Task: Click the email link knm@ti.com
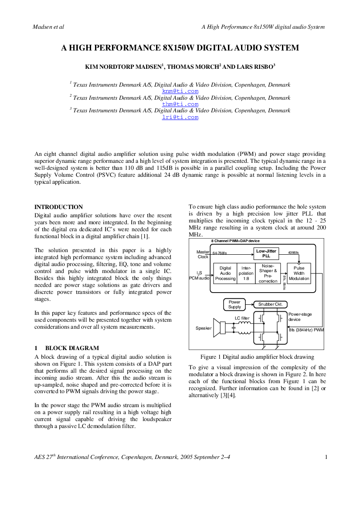pyautogui.click(x=180, y=91)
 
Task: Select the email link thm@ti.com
pyautogui.click(x=180, y=104)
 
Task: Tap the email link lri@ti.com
pyautogui.click(x=180, y=117)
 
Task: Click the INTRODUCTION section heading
pyautogui.click(x=59, y=207)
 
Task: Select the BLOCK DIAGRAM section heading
pyautogui.click(x=72, y=348)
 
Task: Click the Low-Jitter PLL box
pyautogui.click(x=266, y=253)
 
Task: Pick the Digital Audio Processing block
pyautogui.click(x=225, y=273)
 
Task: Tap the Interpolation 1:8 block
pyautogui.click(x=246, y=273)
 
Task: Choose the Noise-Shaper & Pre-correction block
pyautogui.click(x=268, y=273)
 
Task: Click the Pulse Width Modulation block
pyautogui.click(x=299, y=273)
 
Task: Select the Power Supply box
pyautogui.click(x=234, y=304)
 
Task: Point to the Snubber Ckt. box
pyautogui.click(x=270, y=304)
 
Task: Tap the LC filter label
pyautogui.click(x=242, y=318)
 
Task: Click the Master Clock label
pyautogui.click(x=203, y=254)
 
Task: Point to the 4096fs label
pyautogui.click(x=293, y=253)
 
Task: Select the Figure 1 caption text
pyautogui.click(x=257, y=357)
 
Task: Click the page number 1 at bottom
pyautogui.click(x=326, y=457)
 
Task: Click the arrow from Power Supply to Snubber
pyautogui.click(x=250, y=304)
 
